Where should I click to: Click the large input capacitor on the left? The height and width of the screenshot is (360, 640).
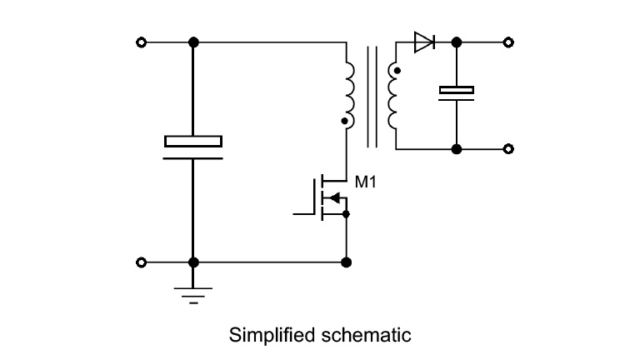[x=193, y=147]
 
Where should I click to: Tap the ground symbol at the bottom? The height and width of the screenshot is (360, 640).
[x=193, y=293]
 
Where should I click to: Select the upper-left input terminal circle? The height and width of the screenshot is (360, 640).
[x=142, y=42]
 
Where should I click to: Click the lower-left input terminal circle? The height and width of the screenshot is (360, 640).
[x=142, y=262]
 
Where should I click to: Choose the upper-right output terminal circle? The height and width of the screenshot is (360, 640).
[x=509, y=42]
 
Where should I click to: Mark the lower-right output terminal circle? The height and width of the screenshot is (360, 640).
[x=509, y=149]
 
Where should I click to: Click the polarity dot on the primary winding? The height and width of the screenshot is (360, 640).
[x=344, y=122]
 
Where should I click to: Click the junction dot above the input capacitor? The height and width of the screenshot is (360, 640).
[x=193, y=42]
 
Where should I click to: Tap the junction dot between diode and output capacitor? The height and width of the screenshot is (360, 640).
[x=457, y=42]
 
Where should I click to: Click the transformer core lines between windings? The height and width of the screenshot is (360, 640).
[x=372, y=96]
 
